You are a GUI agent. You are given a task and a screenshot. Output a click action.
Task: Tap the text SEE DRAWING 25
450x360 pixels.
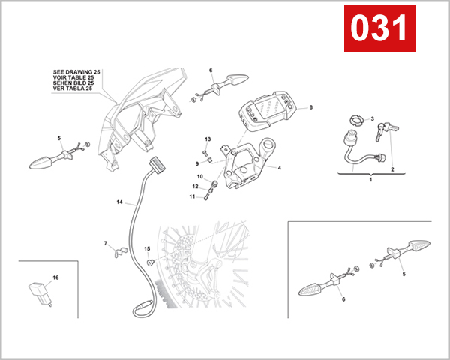tap(76, 70)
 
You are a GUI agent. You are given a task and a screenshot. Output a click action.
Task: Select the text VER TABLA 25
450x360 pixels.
tap(73, 88)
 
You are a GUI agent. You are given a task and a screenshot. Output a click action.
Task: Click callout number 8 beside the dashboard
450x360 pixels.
tap(310, 107)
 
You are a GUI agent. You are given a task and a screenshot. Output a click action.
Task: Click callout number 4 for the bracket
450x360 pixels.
tap(279, 169)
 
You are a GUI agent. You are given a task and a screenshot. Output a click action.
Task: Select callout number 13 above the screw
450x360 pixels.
tap(208, 139)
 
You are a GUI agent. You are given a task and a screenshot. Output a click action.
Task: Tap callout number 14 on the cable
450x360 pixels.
tap(118, 202)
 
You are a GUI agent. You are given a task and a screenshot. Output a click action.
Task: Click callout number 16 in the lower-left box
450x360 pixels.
tap(55, 277)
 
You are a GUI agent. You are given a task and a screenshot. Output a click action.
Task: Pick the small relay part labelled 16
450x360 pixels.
tap(37, 292)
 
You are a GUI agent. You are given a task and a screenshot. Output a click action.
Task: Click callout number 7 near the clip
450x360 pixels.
tap(106, 243)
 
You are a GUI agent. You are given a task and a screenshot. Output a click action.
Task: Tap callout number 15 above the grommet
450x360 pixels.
tap(147, 248)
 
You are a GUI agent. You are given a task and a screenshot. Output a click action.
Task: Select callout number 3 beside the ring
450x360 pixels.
tap(372, 119)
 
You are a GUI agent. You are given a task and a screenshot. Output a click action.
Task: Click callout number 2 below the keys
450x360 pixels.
tap(391, 169)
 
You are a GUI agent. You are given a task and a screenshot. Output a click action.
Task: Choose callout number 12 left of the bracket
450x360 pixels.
tap(194, 187)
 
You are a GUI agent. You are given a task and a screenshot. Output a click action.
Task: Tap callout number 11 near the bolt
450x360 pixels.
tap(191, 196)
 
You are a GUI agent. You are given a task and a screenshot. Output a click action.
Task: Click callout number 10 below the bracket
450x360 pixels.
tap(200, 176)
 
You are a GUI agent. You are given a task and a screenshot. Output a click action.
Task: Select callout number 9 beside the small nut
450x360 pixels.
tap(198, 163)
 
